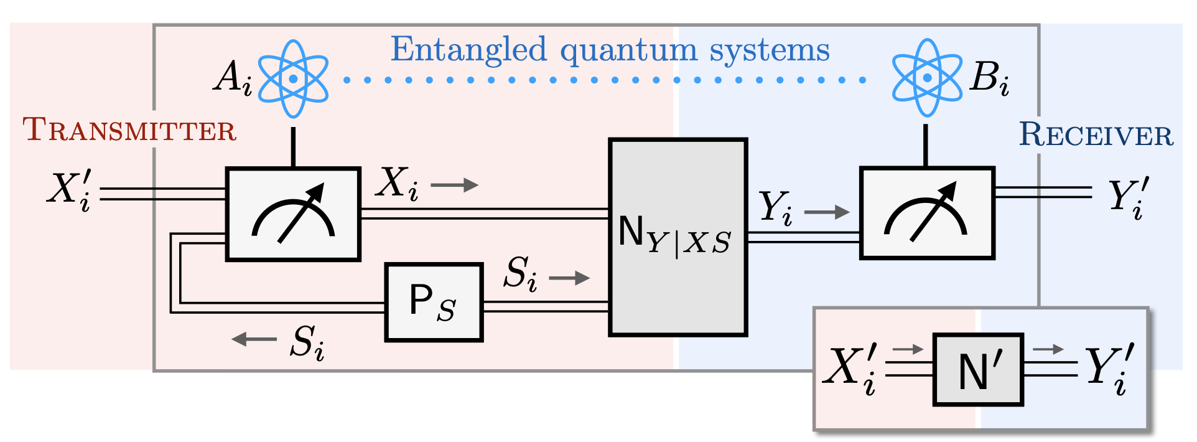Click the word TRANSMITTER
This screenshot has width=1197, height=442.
[129, 129]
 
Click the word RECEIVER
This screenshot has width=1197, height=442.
[1096, 134]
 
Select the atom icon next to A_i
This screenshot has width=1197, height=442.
[293, 78]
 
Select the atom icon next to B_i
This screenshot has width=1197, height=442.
[927, 77]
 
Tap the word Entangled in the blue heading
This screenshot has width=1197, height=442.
[468, 50]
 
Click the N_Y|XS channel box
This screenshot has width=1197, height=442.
[678, 237]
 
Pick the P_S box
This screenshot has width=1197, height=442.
[434, 302]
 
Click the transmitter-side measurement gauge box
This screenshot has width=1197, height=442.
[293, 214]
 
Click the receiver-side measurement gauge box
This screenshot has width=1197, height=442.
[927, 213]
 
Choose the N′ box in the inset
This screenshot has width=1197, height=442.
[978, 370]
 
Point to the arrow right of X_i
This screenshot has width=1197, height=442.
[454, 185]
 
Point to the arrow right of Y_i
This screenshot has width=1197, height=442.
[827, 212]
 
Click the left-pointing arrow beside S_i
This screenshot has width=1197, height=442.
[254, 339]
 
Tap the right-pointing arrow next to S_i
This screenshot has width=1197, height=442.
[569, 278]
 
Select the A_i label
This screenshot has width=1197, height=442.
[233, 79]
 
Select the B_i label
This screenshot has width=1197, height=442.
[989, 78]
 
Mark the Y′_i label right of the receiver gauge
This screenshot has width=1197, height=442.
[1128, 199]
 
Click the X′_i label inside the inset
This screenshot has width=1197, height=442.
[850, 369]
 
